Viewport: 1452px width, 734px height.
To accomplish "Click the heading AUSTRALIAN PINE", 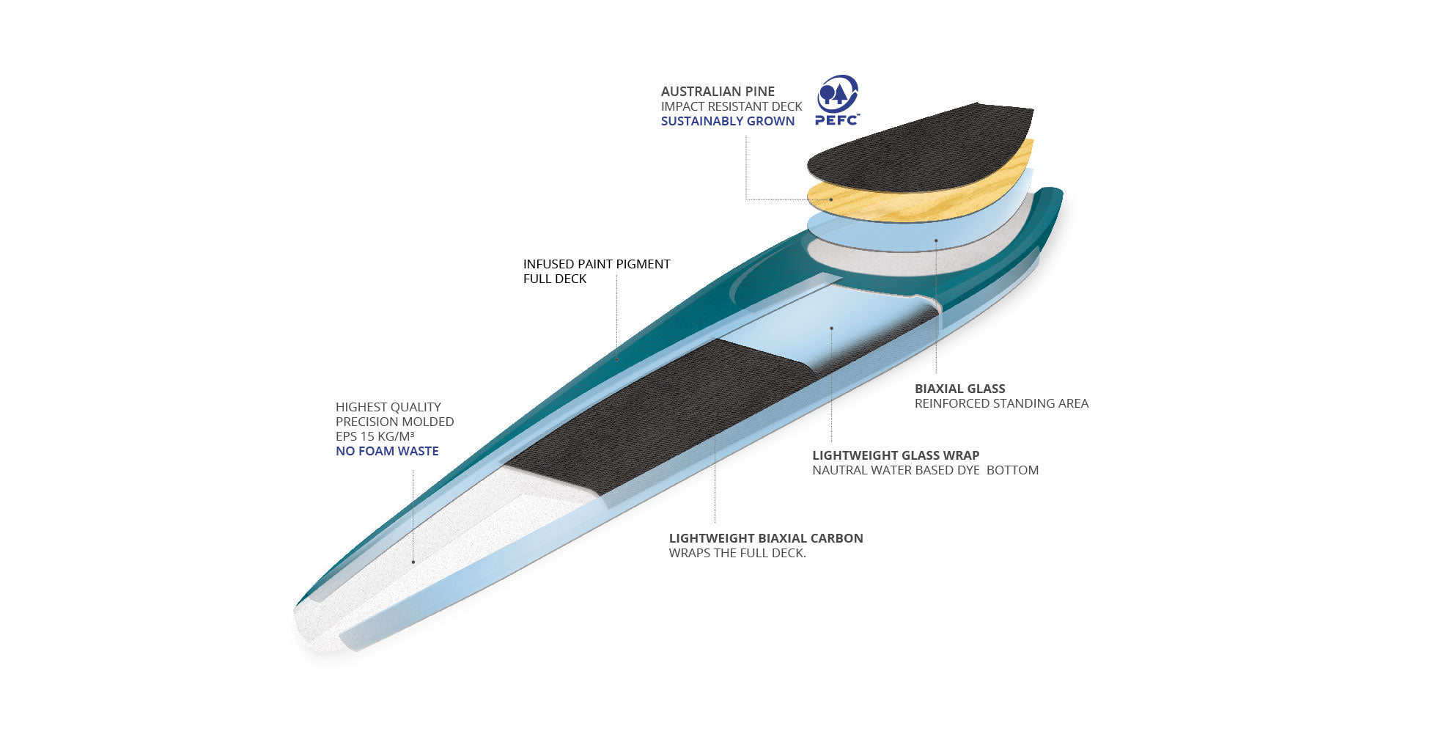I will [x=718, y=92].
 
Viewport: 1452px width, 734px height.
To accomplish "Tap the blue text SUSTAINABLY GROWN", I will [x=727, y=122].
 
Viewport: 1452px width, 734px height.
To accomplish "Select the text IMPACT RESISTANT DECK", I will [x=731, y=107].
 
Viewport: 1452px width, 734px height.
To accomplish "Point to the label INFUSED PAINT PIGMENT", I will [x=597, y=264].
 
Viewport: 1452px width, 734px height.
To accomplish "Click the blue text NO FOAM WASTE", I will [x=387, y=452].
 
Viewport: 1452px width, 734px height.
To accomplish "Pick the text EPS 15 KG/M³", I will [x=375, y=437].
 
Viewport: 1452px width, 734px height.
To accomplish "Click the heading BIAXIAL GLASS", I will [x=959, y=389].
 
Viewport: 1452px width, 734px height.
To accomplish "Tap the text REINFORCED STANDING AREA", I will [x=1001, y=403].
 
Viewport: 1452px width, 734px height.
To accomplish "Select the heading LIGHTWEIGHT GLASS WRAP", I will [x=896, y=455].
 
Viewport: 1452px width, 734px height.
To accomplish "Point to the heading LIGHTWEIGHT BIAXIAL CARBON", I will [x=766, y=538].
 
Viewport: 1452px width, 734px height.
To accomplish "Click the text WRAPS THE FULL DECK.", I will [x=737, y=554].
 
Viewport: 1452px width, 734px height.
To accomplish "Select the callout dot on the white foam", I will [x=413, y=562].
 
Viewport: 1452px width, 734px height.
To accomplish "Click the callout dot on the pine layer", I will [x=831, y=199].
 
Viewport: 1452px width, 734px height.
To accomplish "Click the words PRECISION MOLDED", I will [x=394, y=422].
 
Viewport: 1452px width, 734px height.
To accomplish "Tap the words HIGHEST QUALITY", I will [x=388, y=408].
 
